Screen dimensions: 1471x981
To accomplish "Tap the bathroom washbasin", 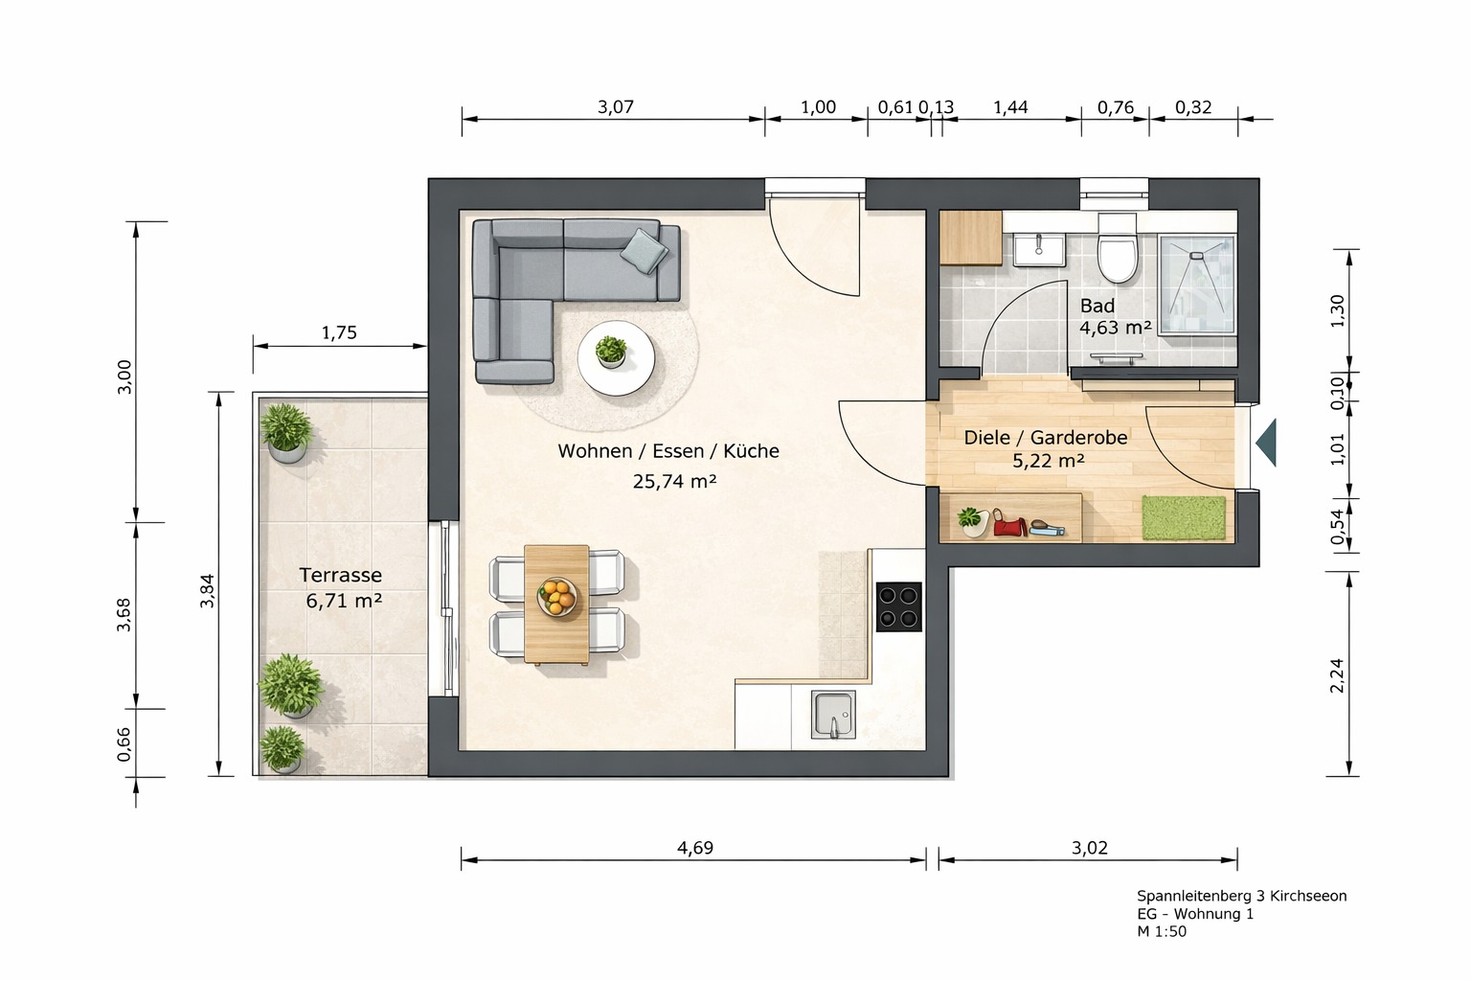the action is click(x=1039, y=250).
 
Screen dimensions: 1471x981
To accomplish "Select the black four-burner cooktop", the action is click(x=899, y=607).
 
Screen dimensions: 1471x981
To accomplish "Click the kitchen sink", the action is click(x=833, y=715).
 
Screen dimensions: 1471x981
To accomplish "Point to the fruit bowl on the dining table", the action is click(x=556, y=597).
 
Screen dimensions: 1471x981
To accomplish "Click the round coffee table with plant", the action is click(x=616, y=358).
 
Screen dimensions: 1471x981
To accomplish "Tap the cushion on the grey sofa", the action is click(x=645, y=250).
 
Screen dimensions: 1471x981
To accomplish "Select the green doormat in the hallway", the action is click(x=1184, y=518).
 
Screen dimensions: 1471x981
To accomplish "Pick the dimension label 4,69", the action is click(x=694, y=848).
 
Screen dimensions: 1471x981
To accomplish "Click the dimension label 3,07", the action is click(x=616, y=106).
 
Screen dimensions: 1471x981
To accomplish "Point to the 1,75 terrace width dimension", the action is click(x=339, y=332).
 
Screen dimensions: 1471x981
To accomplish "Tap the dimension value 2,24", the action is click(x=1337, y=675).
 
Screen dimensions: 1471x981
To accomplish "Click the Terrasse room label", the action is click(x=340, y=575).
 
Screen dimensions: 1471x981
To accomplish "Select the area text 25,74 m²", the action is click(x=674, y=481).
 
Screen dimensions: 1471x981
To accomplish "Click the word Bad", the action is click(x=1098, y=306).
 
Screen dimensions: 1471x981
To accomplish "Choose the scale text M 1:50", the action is click(x=1162, y=931).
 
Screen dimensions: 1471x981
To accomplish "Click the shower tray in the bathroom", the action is click(x=1197, y=285).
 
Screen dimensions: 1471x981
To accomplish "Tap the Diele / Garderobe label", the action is click(x=1046, y=437).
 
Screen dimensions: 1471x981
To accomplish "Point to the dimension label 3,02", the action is click(x=1090, y=848).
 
